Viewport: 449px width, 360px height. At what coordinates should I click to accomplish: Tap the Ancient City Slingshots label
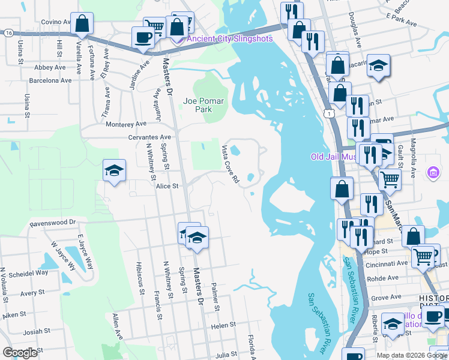coord(229,39)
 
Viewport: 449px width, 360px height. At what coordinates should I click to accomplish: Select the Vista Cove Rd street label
coord(231,163)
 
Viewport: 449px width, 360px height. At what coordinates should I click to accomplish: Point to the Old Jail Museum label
coord(333,157)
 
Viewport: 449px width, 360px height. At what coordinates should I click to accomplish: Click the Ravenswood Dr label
coord(53,223)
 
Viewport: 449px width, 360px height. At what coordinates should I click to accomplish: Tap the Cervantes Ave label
coord(149,137)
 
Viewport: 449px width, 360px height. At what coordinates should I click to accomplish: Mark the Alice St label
coord(167,187)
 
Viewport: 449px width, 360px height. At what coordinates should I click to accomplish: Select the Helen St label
coord(223,325)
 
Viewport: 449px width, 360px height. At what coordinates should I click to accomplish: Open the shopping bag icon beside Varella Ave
coord(81,25)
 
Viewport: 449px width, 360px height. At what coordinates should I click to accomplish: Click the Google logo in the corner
coord(20,353)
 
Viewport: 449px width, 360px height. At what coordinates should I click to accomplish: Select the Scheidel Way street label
coord(25,272)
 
